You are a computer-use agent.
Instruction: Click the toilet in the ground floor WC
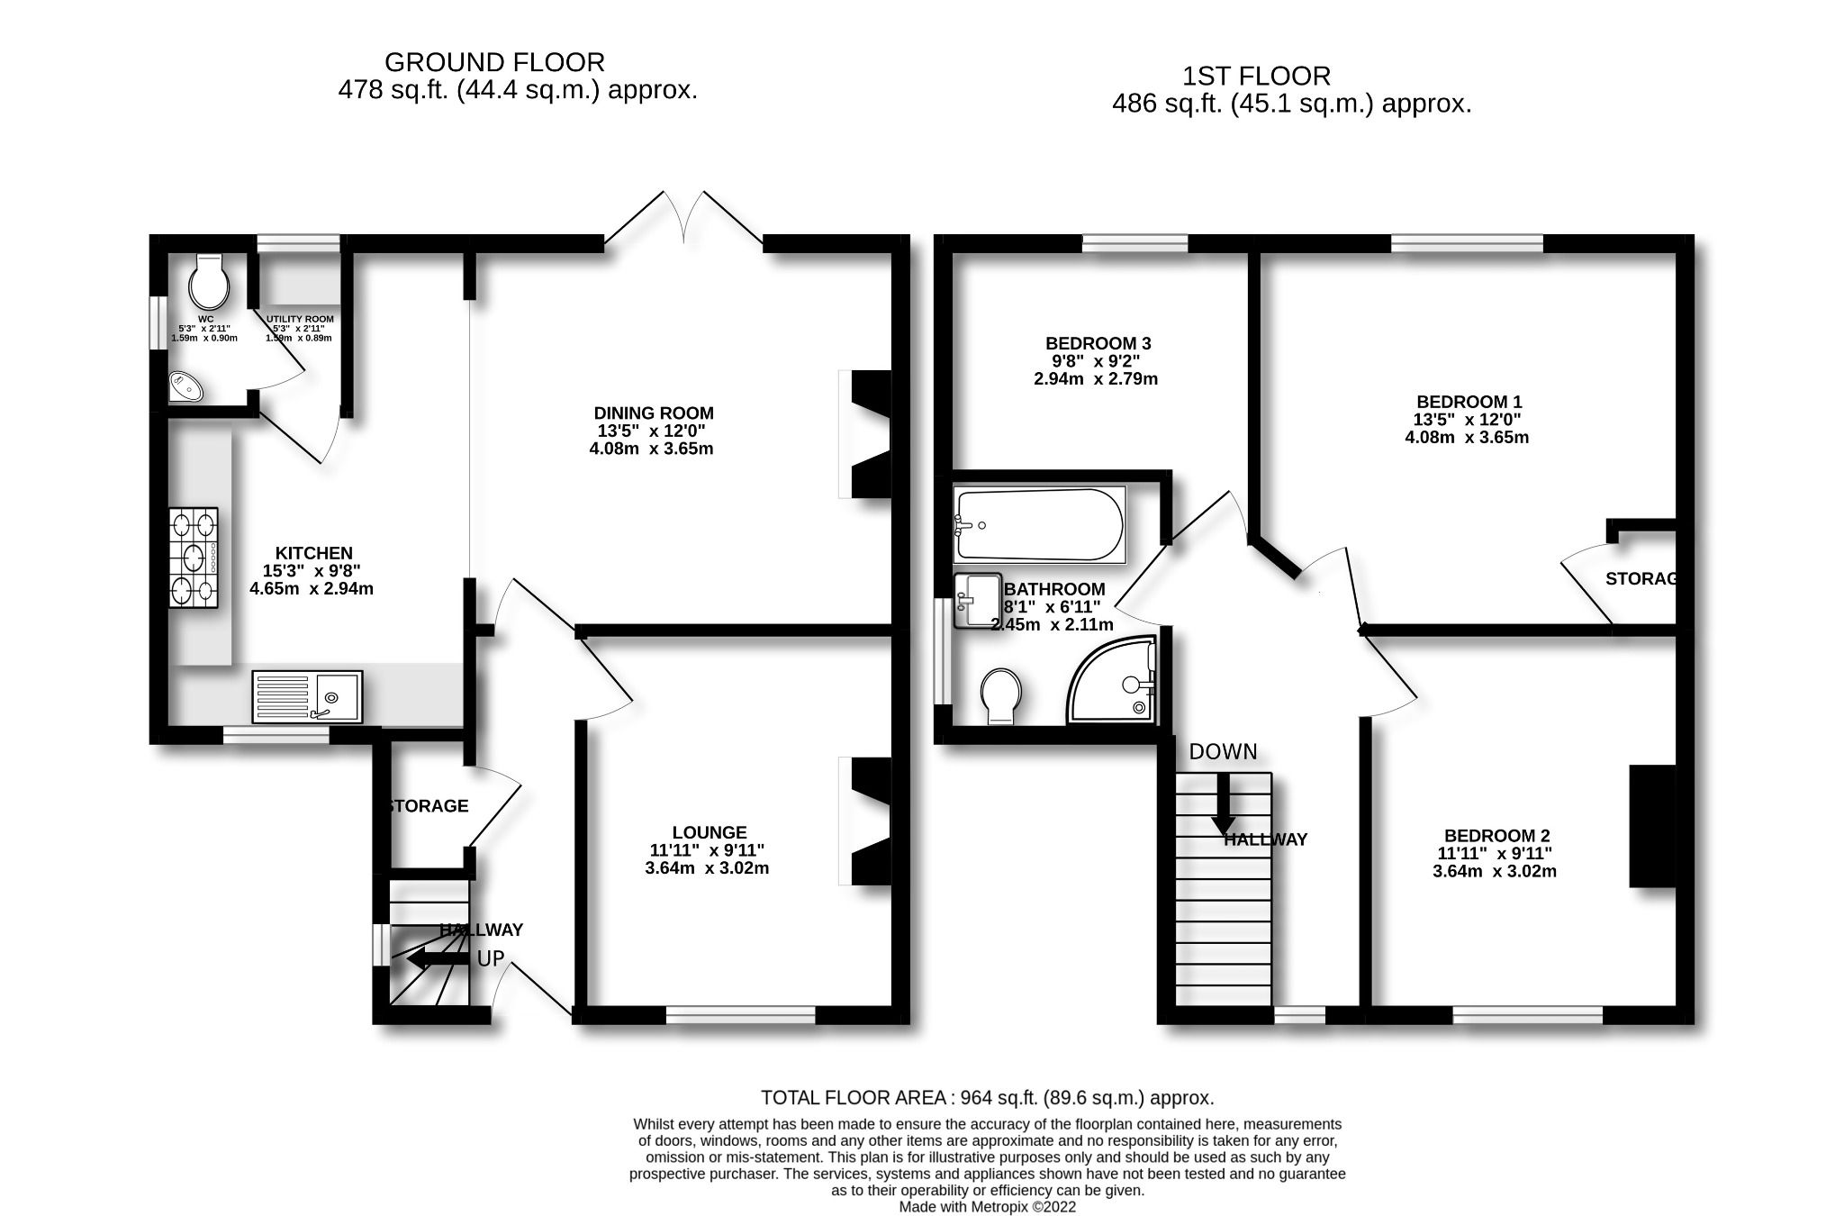(x=209, y=282)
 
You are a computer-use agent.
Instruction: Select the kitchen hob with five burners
(x=194, y=558)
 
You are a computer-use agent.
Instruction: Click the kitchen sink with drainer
(x=307, y=696)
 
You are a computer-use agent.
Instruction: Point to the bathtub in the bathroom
(x=1040, y=525)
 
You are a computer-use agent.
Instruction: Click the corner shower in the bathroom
(x=1113, y=680)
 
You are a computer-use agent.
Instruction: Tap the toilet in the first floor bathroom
(x=1001, y=694)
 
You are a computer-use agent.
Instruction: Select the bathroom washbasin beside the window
(x=978, y=600)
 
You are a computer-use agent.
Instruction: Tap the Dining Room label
(x=653, y=413)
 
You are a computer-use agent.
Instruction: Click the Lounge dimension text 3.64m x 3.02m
(x=707, y=868)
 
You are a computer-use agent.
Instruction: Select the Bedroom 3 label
(x=1098, y=343)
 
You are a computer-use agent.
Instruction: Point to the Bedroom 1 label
(x=1469, y=402)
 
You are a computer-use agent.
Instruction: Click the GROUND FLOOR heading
(x=494, y=62)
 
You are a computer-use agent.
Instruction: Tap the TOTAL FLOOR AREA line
(x=987, y=1098)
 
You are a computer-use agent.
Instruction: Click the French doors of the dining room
(x=683, y=219)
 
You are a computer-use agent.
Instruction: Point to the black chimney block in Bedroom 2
(x=1652, y=826)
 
